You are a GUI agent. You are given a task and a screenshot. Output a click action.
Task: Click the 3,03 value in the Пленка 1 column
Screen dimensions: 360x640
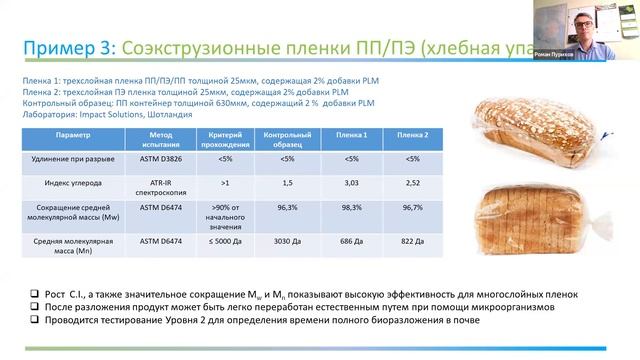pos(351,184)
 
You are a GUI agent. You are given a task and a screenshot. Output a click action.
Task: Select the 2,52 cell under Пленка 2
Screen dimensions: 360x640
pos(412,184)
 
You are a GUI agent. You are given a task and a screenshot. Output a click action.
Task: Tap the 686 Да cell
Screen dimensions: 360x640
pos(351,243)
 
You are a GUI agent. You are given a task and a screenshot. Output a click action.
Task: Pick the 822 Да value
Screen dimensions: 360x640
pos(412,243)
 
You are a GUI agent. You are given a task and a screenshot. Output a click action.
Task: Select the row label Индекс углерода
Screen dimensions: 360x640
pos(79,183)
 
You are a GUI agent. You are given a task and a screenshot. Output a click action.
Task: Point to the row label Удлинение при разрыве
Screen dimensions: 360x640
pos(79,158)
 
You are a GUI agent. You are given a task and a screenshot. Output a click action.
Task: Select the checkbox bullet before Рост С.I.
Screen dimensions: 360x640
pos(31,291)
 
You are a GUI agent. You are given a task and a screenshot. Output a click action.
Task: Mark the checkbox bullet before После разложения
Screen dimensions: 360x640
pos(31,305)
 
